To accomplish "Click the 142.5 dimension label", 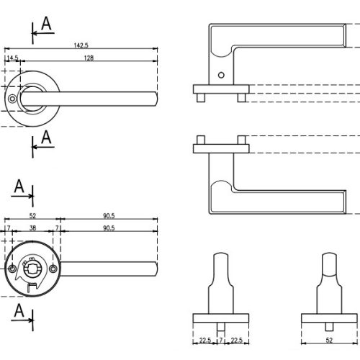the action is pos(81,45).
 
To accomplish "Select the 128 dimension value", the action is pos(89,58).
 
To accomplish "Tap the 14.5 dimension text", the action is pos(12,58).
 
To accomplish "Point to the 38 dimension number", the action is pos(32,228).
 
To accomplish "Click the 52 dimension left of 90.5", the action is pos(32,216).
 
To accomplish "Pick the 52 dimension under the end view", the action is pos(329,340).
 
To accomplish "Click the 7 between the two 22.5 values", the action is pos(221,340).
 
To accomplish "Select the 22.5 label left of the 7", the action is pos(205,340).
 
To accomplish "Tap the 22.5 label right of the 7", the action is pos(237,340).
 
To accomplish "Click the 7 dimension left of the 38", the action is pos(9,228).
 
